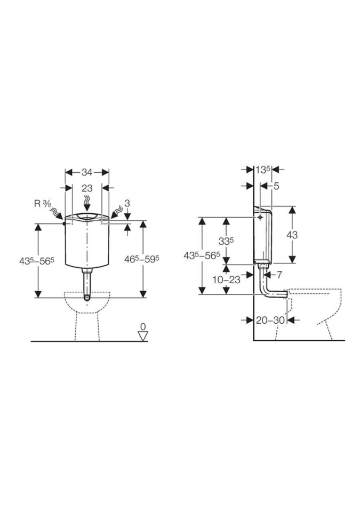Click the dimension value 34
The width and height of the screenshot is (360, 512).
tap(87, 172)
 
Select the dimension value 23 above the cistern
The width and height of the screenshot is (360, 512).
tap(87, 188)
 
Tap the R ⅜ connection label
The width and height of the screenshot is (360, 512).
tap(43, 204)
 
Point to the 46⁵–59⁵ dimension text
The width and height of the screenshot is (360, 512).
tap(142, 259)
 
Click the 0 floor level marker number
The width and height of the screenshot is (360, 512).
tap(143, 326)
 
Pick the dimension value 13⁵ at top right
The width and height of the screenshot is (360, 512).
tap(263, 170)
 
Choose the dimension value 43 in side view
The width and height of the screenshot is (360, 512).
tap(292, 235)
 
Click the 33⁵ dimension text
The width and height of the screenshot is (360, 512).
tap(226, 241)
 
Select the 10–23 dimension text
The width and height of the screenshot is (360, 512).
tap(226, 279)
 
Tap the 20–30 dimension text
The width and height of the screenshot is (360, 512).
tap(270, 321)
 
